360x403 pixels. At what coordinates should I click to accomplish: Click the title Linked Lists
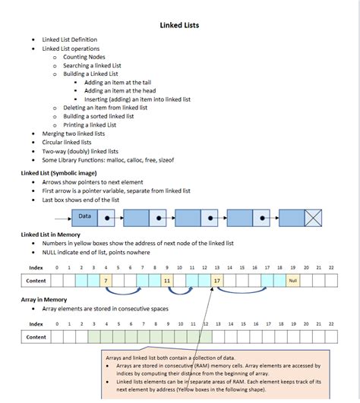coord(179,25)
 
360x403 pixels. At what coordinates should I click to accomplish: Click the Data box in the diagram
coord(84,218)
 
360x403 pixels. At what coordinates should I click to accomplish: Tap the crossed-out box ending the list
coord(313,218)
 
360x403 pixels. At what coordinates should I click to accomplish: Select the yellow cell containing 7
coord(106,280)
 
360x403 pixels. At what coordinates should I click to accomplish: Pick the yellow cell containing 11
coord(167,280)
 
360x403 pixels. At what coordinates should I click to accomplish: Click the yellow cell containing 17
coord(217,280)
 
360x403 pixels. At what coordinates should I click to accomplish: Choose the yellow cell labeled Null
coord(293,280)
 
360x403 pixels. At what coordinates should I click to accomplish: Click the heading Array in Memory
coord(44,300)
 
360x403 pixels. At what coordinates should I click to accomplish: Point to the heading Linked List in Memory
coord(51,235)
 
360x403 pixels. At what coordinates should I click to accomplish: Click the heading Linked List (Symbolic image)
coord(59,173)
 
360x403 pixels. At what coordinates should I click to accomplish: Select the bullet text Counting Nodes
coord(84,57)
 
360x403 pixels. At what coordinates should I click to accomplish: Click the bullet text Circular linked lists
coord(67,143)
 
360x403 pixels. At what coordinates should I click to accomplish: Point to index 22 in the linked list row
coord(331,268)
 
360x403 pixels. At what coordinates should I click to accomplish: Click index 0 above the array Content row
coord(57,324)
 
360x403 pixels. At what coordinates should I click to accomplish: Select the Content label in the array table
coord(36,337)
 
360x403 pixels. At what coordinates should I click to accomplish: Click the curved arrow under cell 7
coord(123,292)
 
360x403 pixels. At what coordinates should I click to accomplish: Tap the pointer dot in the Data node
coord(107,218)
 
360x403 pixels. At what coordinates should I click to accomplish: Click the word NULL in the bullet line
coord(49,253)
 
